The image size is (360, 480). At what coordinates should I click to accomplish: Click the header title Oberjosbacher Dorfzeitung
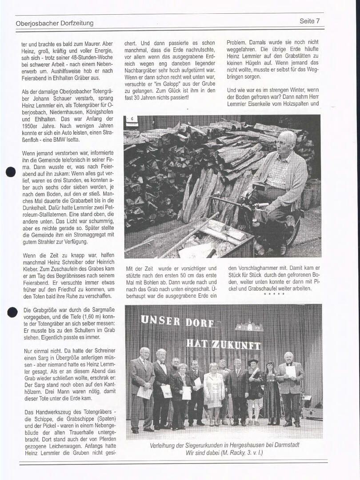(54, 23)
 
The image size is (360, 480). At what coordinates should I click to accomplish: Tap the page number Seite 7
(310, 21)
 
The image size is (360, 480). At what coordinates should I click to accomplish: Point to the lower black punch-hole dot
(12, 312)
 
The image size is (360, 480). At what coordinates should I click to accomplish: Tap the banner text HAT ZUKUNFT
(223, 344)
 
